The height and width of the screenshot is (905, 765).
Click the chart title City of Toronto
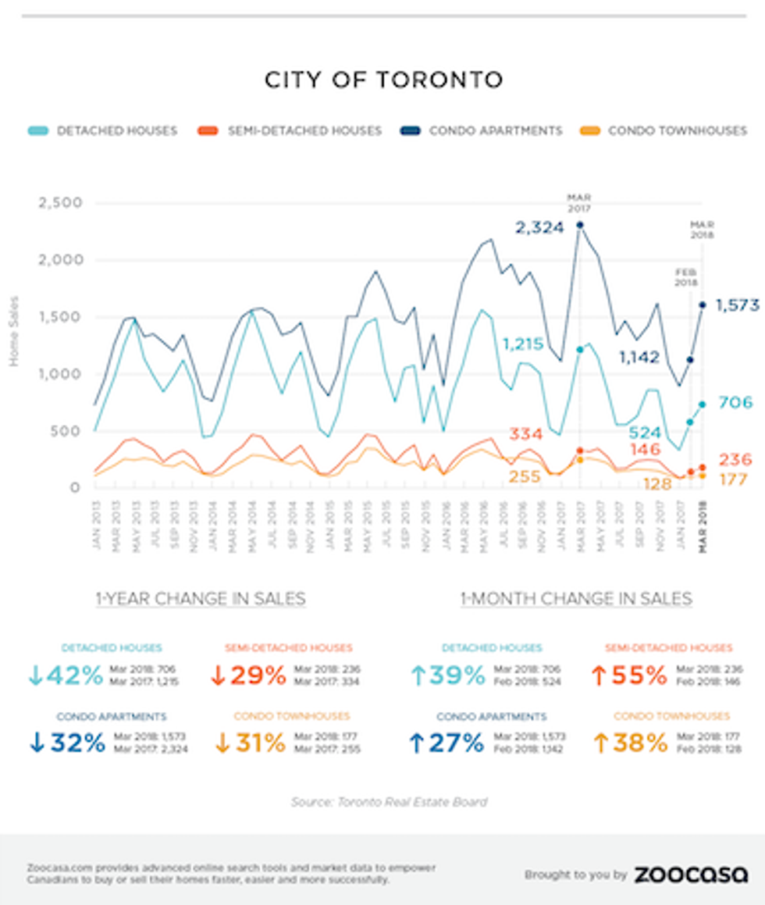point(382,80)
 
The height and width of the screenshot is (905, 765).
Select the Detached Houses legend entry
point(116,130)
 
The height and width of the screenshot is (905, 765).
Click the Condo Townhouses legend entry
point(677,130)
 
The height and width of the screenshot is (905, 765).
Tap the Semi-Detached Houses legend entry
point(304,130)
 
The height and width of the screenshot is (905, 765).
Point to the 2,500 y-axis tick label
point(60,204)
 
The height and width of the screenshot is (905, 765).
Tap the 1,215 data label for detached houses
point(529,344)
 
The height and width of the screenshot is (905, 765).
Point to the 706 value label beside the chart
point(735,403)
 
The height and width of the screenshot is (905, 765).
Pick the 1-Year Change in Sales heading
point(201,599)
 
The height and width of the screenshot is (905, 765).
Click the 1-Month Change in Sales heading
point(576,599)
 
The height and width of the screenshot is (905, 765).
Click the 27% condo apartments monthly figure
point(447,743)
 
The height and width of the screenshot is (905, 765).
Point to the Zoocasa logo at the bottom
point(691,875)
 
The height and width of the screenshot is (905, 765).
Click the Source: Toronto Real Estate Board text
point(390,802)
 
